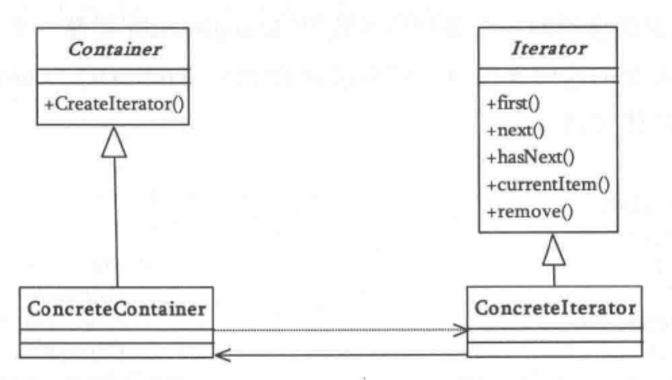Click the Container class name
click(114, 49)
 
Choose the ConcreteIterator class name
click(553, 308)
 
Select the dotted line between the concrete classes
click(338, 331)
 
